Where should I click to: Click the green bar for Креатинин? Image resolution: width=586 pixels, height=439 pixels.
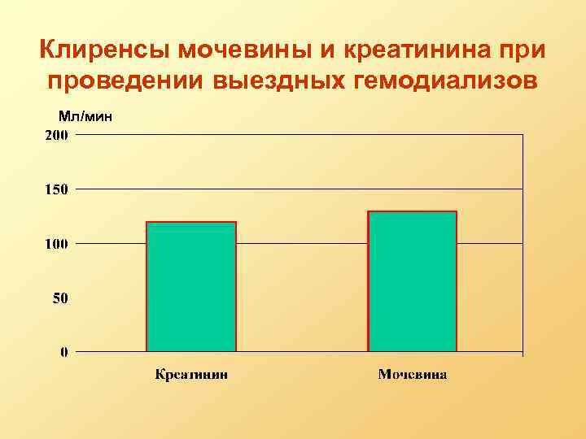click(191, 287)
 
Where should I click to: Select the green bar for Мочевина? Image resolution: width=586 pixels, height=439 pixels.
click(413, 281)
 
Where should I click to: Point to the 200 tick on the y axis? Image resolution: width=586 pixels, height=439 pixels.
click(56, 136)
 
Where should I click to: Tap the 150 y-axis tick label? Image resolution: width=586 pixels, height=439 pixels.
click(56, 189)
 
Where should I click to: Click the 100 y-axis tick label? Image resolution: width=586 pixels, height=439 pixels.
click(56, 244)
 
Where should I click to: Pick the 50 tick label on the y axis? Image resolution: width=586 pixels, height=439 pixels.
click(60, 298)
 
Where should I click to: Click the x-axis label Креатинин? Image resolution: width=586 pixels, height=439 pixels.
click(192, 375)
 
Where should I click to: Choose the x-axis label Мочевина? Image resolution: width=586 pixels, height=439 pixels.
click(413, 375)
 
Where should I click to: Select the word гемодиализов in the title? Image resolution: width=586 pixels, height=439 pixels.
click(447, 82)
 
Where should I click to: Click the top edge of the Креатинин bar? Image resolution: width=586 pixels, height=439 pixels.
click(191, 222)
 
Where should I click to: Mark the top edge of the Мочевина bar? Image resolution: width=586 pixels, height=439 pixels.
click(413, 211)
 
